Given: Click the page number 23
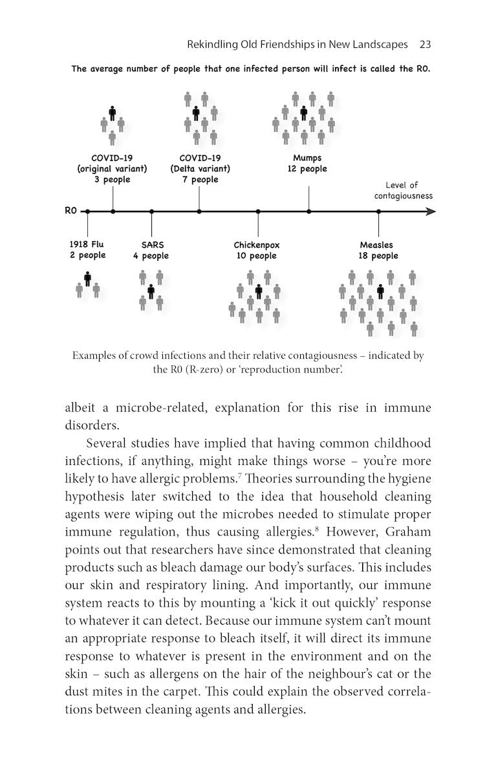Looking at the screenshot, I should click(425, 45).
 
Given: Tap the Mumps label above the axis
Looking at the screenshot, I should click(307, 158).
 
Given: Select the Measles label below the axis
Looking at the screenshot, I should click(376, 245).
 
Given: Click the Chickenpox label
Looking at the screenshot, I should click(257, 245).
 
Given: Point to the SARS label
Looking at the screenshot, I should click(153, 245).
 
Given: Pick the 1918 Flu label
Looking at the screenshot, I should click(87, 244).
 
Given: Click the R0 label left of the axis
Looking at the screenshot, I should click(70, 211).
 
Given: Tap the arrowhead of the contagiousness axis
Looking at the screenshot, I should click(431, 211).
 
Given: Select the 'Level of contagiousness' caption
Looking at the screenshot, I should click(402, 190).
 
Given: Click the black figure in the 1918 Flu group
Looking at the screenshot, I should click(87, 279).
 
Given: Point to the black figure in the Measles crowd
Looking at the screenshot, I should click(381, 291).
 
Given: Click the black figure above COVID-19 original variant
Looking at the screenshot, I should click(113, 113).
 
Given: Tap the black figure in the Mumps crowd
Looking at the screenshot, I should click(303, 113).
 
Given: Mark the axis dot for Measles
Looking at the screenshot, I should click(379, 211).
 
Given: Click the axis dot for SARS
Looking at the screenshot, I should click(151, 211).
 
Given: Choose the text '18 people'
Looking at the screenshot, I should click(378, 256).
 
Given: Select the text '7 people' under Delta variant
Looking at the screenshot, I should click(200, 180).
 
